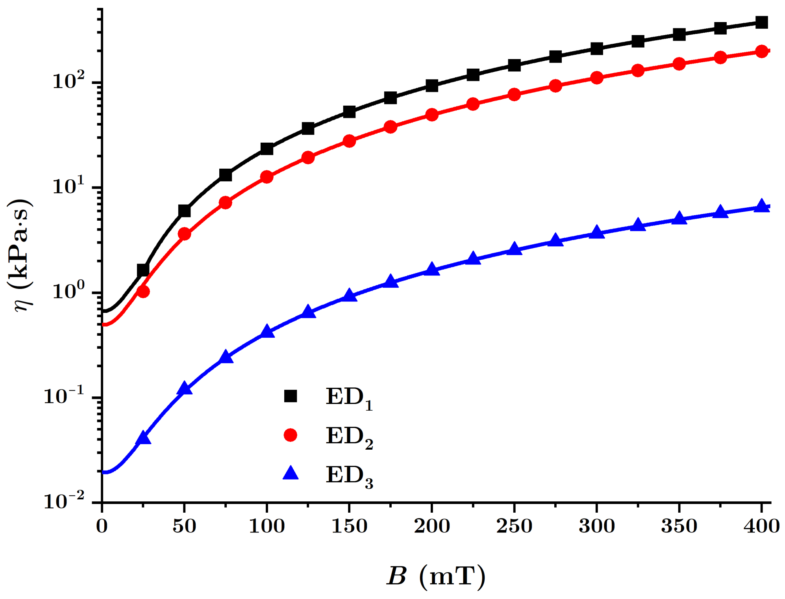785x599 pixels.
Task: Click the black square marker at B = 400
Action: coord(762,22)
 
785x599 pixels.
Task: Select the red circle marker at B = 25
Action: coord(143,292)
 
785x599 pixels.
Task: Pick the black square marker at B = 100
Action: coord(267,149)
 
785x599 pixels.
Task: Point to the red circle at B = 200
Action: coord(432,115)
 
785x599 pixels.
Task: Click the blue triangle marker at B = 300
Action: coord(597,233)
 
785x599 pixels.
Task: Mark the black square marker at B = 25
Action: coord(143,270)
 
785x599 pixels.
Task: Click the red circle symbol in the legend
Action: coord(291,435)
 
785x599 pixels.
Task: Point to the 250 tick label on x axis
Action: coord(514,526)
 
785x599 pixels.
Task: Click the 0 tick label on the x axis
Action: coord(102,526)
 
